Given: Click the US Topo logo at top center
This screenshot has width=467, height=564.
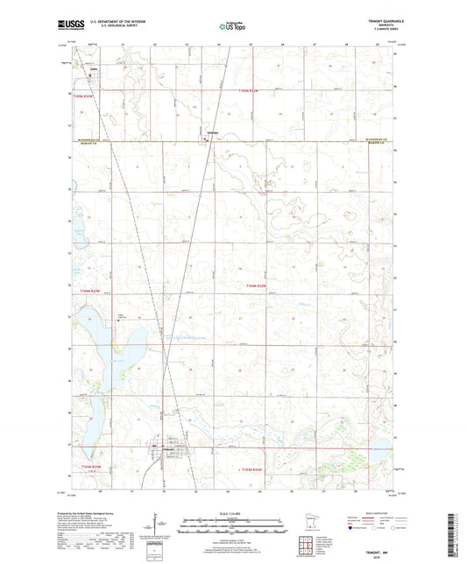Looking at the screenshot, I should (226, 27).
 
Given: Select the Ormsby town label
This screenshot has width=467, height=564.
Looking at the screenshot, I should (211, 132).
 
